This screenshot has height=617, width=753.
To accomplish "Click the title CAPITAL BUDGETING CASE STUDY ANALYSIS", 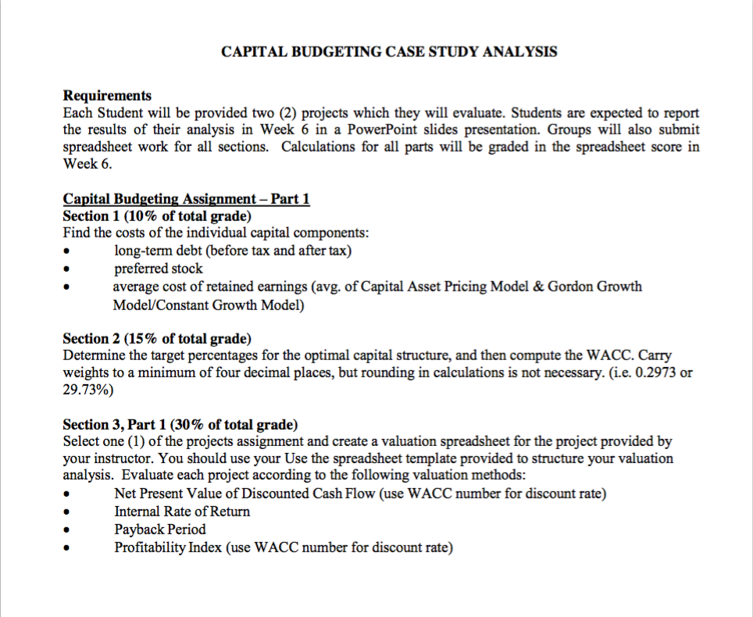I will coord(389,52).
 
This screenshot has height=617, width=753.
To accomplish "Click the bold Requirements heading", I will coord(107,95).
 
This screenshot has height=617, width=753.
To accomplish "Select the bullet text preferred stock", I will coord(159,269).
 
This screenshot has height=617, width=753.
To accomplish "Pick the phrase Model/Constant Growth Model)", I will coord(209,305).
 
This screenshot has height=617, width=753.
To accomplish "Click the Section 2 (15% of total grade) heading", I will coord(157,338).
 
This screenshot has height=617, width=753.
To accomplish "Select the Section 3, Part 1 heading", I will coord(180,425).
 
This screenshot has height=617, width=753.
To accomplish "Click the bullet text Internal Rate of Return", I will coord(182,512).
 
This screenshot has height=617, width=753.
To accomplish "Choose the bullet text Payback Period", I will coord(160,530).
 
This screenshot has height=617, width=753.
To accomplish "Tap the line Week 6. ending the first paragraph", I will coord(82,164).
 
